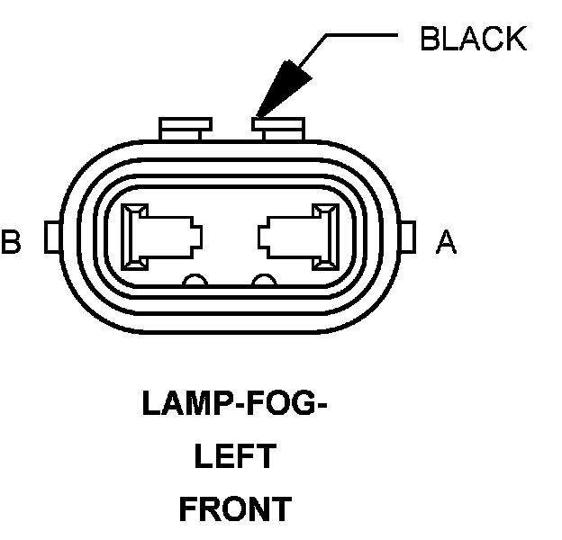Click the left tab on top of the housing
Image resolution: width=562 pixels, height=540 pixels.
pos(178,128)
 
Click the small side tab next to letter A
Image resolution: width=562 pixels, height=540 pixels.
pos(407,238)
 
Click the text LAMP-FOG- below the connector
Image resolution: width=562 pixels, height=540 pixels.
pos(233,404)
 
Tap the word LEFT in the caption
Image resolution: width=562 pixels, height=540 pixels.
pos(234,456)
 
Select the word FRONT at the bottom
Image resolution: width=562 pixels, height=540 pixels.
pos(234,509)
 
